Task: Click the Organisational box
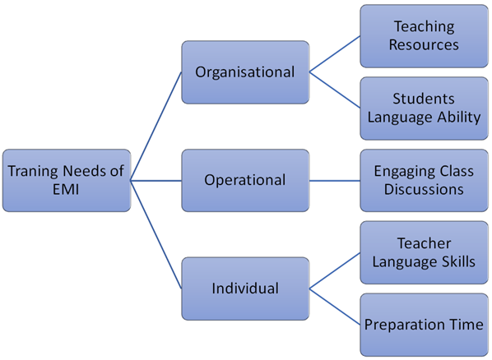click(245, 72)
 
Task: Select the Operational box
click(245, 181)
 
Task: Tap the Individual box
click(245, 288)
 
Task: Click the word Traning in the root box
click(34, 171)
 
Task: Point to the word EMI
click(66, 189)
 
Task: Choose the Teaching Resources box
click(424, 36)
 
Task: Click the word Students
click(424, 99)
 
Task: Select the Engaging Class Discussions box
click(424, 181)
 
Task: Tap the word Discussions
click(424, 189)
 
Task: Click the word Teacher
click(424, 243)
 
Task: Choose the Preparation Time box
click(424, 325)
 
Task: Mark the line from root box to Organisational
click(156, 127)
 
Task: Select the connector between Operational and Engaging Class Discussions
click(335, 181)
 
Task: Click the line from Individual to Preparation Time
click(335, 307)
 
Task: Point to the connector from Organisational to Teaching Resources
click(335, 54)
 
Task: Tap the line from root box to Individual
click(156, 234)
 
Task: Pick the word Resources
click(424, 44)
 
